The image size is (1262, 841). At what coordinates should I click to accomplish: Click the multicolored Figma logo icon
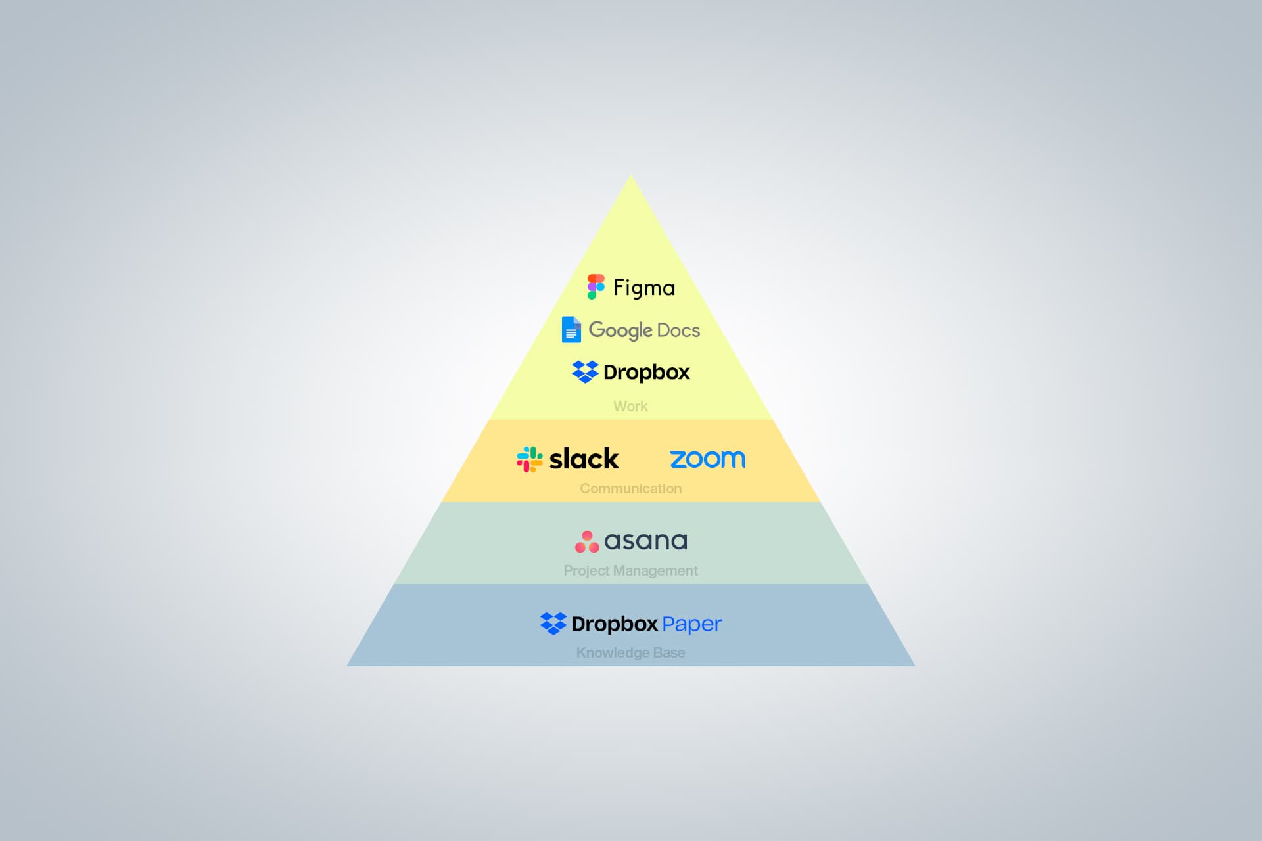(x=596, y=287)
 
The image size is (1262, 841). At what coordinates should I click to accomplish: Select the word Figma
(x=644, y=288)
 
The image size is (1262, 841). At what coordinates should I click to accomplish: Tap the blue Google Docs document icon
(x=571, y=330)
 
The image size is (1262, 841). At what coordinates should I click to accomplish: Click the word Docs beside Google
(x=678, y=330)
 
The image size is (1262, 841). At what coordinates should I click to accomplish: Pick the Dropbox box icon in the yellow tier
(x=585, y=372)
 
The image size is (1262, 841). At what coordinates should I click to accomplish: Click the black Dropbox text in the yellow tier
(x=646, y=373)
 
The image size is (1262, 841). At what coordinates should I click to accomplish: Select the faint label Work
(x=630, y=406)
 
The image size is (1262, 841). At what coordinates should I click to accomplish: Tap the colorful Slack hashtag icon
(x=530, y=459)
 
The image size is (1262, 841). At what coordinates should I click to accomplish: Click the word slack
(x=584, y=459)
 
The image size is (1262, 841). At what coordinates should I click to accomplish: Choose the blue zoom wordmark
(x=707, y=459)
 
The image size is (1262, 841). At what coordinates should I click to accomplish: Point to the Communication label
(x=630, y=488)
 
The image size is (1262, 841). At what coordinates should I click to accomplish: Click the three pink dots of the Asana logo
(x=587, y=542)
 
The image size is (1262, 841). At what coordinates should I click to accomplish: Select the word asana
(x=645, y=541)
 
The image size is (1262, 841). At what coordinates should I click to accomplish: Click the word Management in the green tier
(x=655, y=570)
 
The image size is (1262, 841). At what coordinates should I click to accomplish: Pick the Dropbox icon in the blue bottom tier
(x=553, y=624)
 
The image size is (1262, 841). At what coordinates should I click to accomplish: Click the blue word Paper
(x=691, y=624)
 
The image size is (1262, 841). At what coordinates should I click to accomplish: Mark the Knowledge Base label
(x=630, y=652)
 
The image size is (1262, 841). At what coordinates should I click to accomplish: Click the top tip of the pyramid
(x=631, y=176)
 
